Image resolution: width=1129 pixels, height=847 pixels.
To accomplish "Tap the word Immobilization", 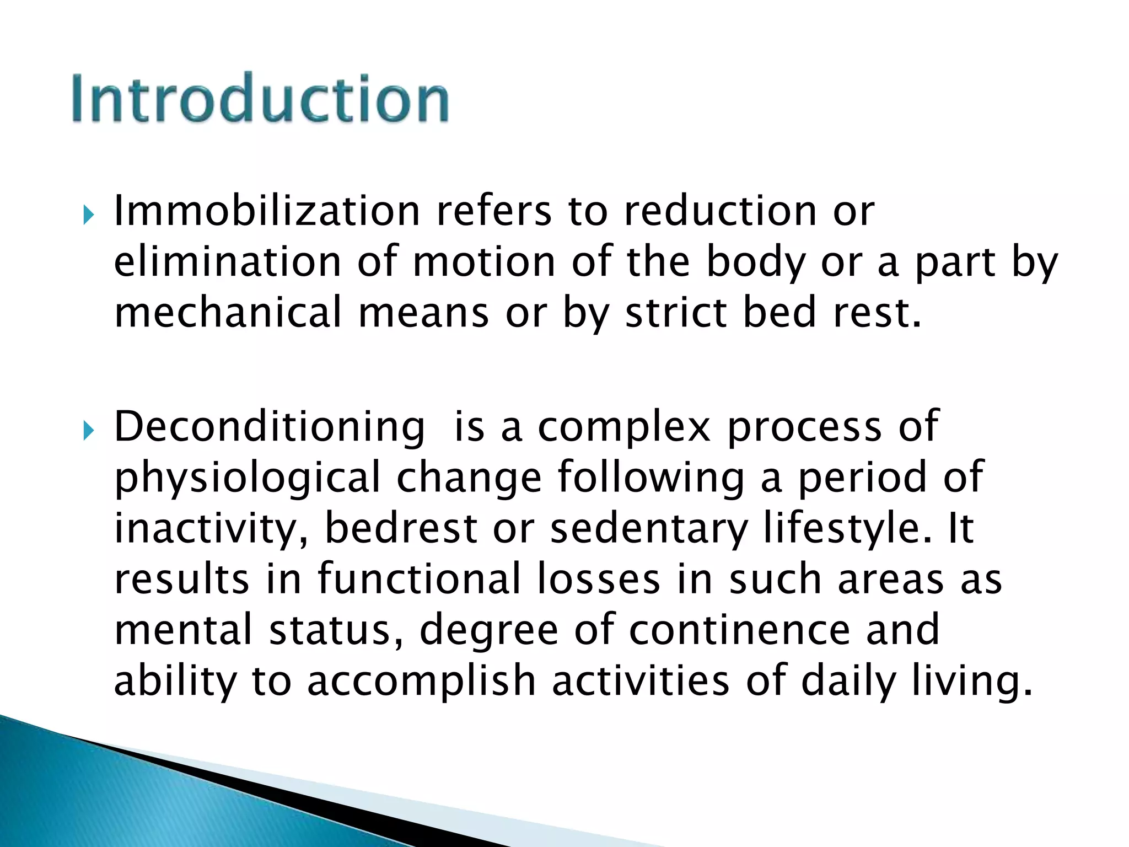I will click(267, 211).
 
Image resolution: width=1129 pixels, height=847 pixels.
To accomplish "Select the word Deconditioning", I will click(270, 427).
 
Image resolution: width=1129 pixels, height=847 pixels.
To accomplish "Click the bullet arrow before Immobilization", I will click(89, 214).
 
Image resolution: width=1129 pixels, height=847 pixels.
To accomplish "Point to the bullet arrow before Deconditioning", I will click(89, 430).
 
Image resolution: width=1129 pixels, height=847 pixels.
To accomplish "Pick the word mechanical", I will click(228, 312).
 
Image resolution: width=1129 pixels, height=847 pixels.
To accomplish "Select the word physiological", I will click(248, 478).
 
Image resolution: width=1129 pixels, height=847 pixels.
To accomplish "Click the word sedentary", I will click(649, 528).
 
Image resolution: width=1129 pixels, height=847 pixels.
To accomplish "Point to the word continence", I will click(739, 629).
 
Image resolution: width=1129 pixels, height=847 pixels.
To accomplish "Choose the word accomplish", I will click(421, 680).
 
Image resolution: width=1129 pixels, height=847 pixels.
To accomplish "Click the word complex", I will click(624, 427).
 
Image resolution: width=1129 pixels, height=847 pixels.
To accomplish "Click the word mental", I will click(183, 629).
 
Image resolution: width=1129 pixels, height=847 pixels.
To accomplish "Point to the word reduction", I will click(720, 211).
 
